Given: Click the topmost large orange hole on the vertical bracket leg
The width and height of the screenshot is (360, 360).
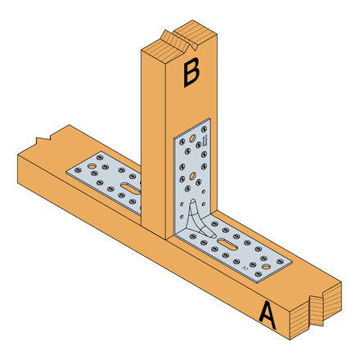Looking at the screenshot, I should (x=191, y=140).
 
